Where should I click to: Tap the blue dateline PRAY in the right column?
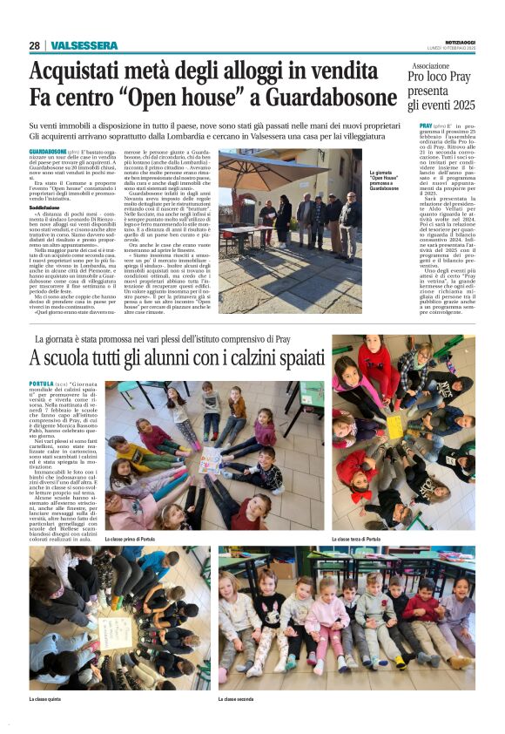pyautogui.click(x=427, y=126)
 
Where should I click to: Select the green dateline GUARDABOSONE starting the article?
pyautogui.click(x=48, y=151)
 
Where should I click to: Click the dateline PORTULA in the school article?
pyautogui.click(x=41, y=384)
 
